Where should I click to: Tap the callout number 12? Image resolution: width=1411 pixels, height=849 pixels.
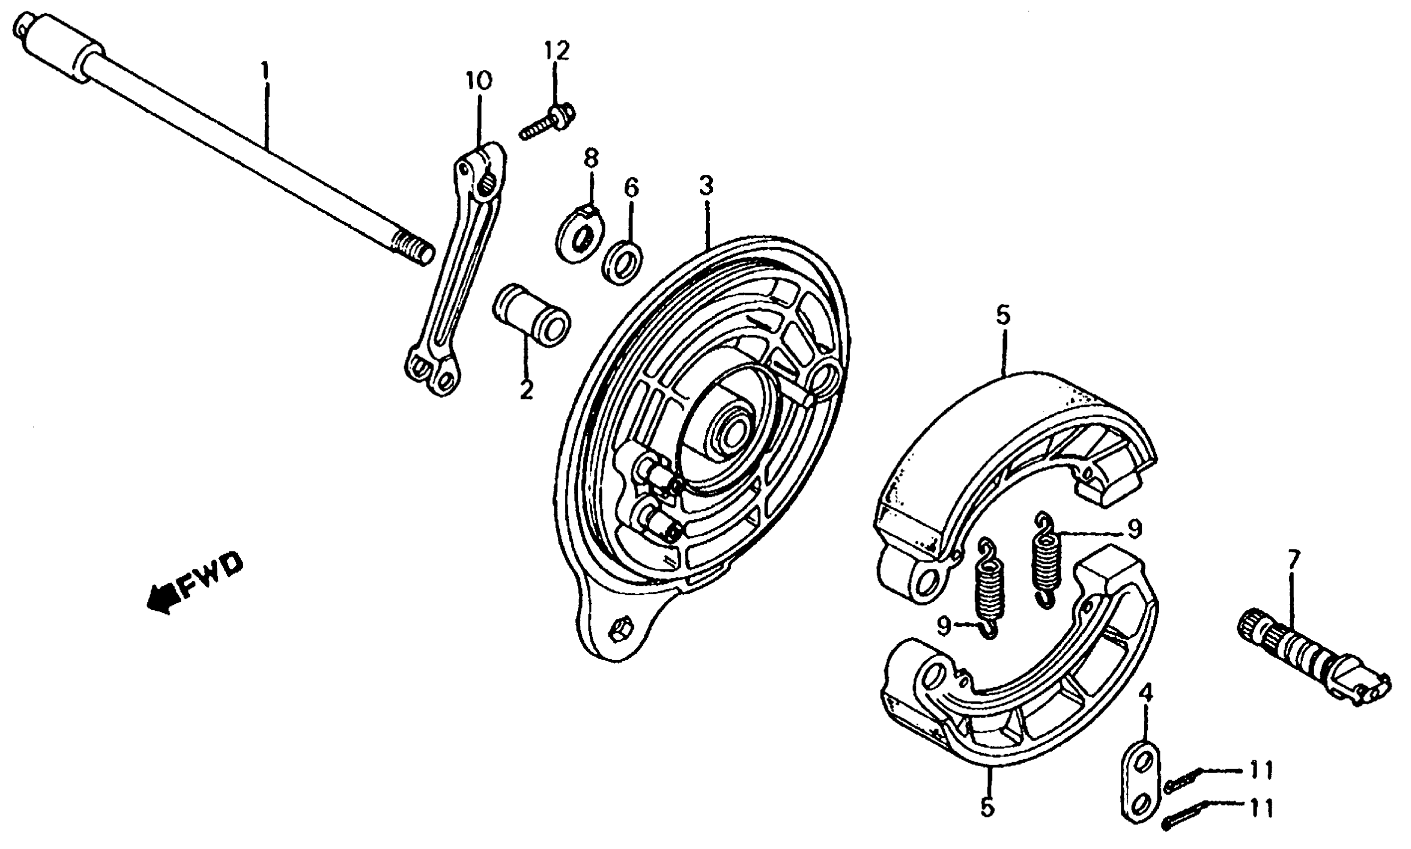tap(557, 51)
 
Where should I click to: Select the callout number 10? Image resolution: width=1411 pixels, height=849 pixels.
tap(478, 81)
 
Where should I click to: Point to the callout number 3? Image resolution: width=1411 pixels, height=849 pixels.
tap(706, 186)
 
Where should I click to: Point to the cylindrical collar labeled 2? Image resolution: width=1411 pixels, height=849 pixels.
tap(530, 315)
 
